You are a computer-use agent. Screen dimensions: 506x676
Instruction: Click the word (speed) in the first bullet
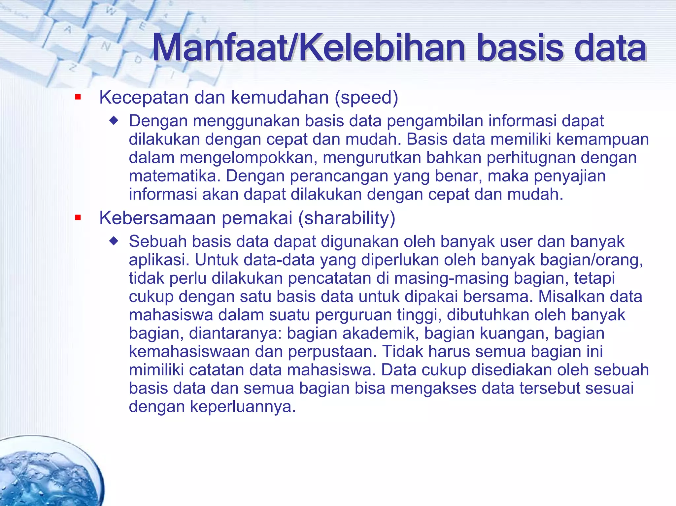[x=366, y=98]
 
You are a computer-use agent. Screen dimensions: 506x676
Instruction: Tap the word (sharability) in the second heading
[x=346, y=218]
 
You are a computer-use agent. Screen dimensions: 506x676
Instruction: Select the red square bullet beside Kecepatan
[x=78, y=97]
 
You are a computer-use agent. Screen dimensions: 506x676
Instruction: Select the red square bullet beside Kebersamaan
[x=78, y=218]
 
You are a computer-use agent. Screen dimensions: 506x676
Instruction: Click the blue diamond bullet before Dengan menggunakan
[x=114, y=121]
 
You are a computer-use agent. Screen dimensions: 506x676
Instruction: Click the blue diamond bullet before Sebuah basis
[x=114, y=241]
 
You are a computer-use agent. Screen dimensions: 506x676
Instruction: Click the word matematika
[x=174, y=176]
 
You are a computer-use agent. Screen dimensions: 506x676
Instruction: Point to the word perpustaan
[x=332, y=352]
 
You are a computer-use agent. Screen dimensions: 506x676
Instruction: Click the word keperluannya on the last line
[x=242, y=407]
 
